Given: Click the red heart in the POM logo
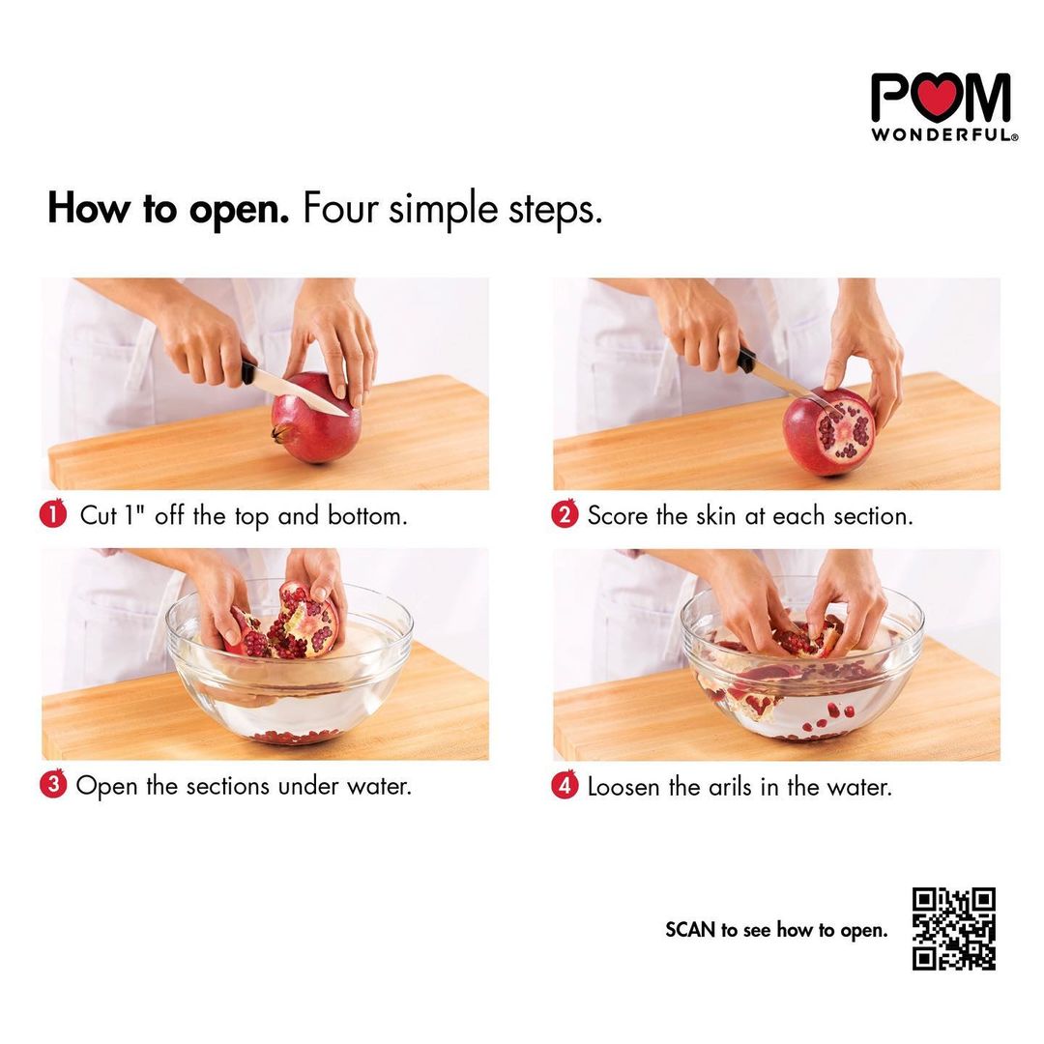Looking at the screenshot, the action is (x=939, y=98).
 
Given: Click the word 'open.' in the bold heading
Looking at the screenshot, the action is (x=239, y=211).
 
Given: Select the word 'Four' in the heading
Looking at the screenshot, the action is (x=341, y=208).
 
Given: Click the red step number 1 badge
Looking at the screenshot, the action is (x=53, y=514).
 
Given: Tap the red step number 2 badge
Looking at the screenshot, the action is (x=565, y=514).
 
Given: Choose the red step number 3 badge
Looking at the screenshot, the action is (x=53, y=784).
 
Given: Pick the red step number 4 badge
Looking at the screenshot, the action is (x=565, y=785).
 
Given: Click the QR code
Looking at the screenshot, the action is (x=953, y=929).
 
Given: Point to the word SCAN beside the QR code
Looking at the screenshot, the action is (x=690, y=930).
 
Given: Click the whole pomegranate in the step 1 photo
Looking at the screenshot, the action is (x=316, y=419).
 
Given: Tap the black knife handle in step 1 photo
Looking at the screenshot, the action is (x=247, y=372).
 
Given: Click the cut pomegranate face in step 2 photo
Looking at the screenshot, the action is (x=842, y=432).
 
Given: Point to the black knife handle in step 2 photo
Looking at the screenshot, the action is (x=745, y=361).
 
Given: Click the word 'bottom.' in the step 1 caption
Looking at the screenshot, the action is (x=367, y=515).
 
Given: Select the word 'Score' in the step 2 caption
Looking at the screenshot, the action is (x=617, y=516).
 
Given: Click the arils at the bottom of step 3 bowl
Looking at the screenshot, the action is (x=297, y=737).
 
